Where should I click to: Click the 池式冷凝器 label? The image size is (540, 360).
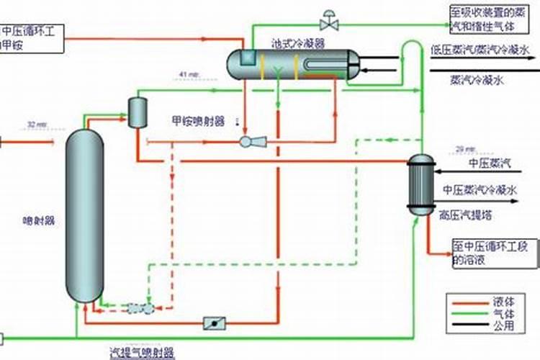[298, 43]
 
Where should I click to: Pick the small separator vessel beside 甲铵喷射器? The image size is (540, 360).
[137, 111]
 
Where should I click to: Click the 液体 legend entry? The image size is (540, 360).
[505, 301]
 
